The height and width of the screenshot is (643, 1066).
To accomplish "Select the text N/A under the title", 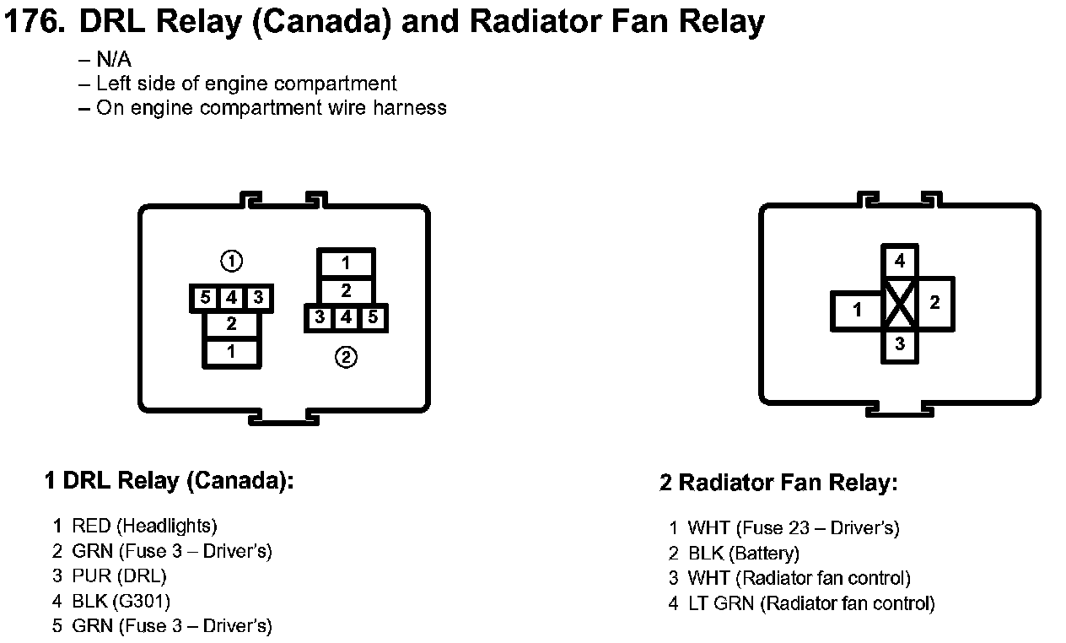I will tap(113, 60).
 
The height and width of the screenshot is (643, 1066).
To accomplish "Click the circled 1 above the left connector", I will tap(231, 262).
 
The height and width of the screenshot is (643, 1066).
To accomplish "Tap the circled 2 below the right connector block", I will tap(346, 358).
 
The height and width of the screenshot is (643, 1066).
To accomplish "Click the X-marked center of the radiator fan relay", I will tap(900, 305).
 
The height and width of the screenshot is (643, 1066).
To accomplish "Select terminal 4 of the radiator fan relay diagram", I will tap(900, 262).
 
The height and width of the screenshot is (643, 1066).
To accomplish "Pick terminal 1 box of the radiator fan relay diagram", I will tap(857, 310).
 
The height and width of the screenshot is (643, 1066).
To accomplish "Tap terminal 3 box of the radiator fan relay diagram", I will tap(900, 344).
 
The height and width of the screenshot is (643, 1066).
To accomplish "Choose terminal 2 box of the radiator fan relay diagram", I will tap(934, 303).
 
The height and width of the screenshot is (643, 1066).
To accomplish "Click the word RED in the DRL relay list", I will tap(91, 527).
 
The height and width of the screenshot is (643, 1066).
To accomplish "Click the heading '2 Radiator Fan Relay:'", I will tap(778, 484).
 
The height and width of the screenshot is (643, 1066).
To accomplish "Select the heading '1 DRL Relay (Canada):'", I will tap(169, 482).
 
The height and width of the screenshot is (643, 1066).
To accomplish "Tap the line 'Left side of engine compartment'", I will tap(246, 84).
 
